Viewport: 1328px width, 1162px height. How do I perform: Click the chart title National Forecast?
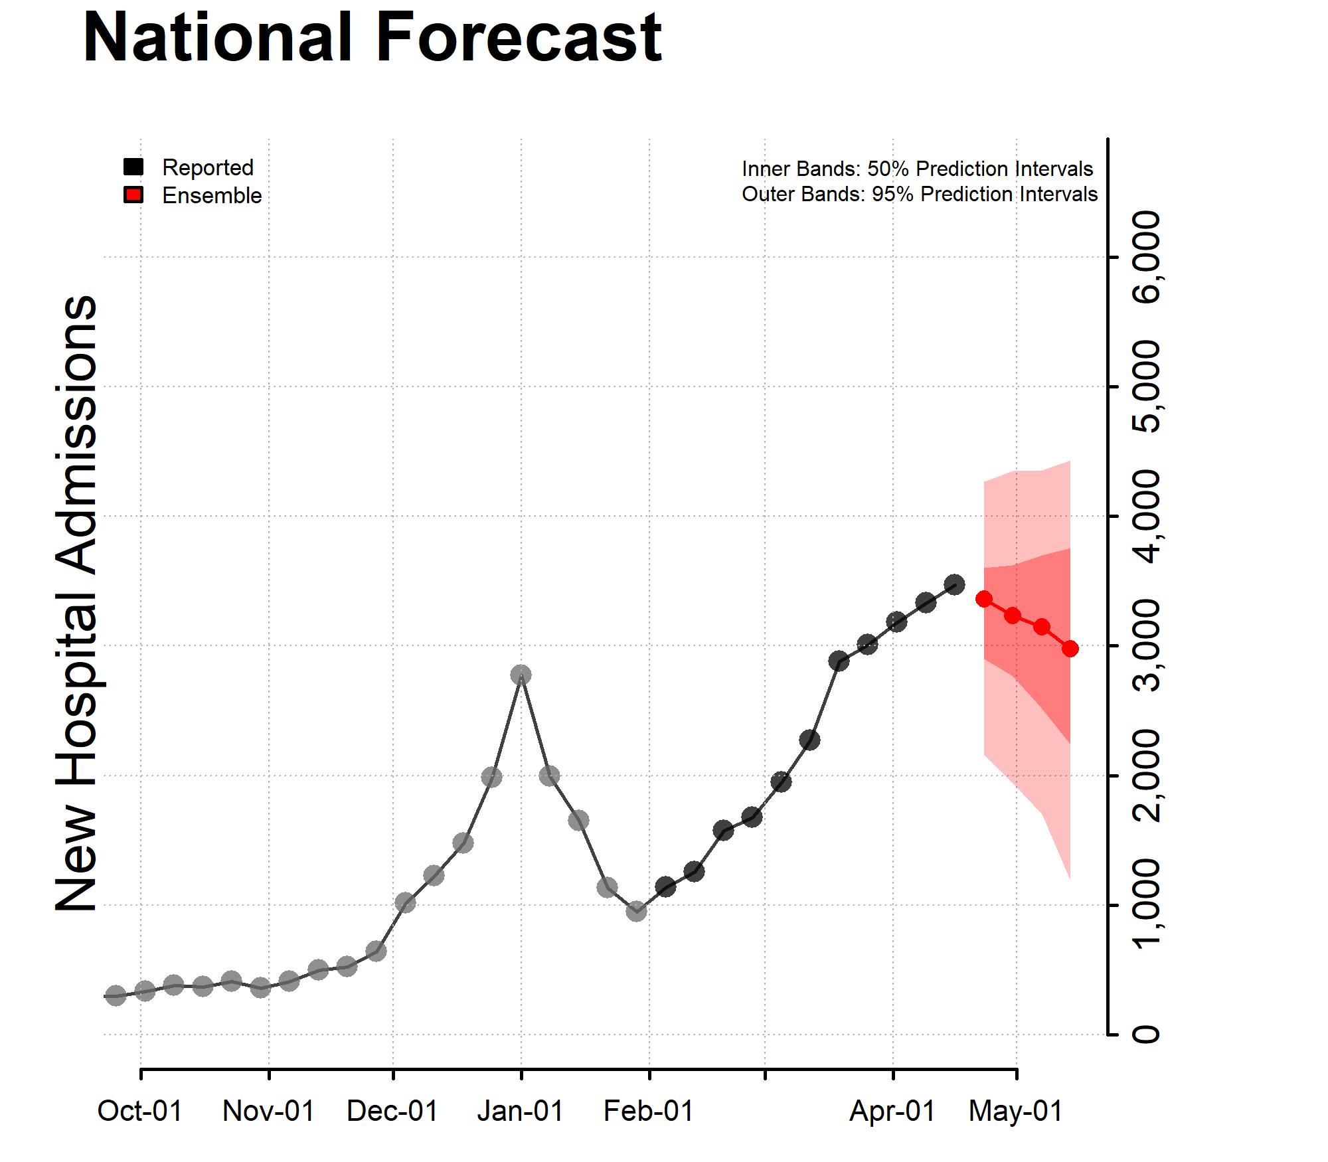372,38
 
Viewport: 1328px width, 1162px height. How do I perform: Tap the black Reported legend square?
133,167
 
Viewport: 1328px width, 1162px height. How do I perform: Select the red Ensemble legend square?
133,195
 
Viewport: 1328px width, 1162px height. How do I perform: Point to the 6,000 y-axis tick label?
1147,257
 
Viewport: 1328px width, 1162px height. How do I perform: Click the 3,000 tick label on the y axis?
1147,645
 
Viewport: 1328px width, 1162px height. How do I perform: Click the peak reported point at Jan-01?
521,675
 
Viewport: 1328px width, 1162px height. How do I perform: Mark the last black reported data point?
955,584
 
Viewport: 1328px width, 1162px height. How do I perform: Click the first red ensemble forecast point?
984,599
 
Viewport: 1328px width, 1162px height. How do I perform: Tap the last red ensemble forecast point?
1070,649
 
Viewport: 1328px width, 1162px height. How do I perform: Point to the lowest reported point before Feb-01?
636,911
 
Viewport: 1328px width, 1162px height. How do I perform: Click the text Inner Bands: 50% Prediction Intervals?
917,169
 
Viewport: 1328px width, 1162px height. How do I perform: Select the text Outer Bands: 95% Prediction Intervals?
920,194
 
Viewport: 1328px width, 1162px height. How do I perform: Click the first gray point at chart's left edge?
116,995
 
